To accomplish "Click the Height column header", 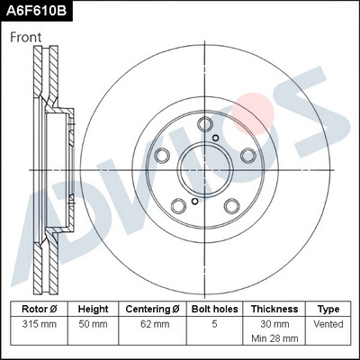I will (x=93, y=309).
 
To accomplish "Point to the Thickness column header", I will (x=274, y=309).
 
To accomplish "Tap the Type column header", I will (x=329, y=309).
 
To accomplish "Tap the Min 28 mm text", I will (x=274, y=339).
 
